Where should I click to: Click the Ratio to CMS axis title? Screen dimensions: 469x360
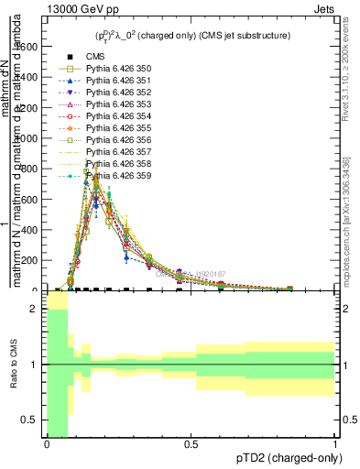point(14,365)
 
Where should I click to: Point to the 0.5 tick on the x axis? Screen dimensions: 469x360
point(191,445)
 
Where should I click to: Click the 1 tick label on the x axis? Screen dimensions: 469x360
point(335,445)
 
